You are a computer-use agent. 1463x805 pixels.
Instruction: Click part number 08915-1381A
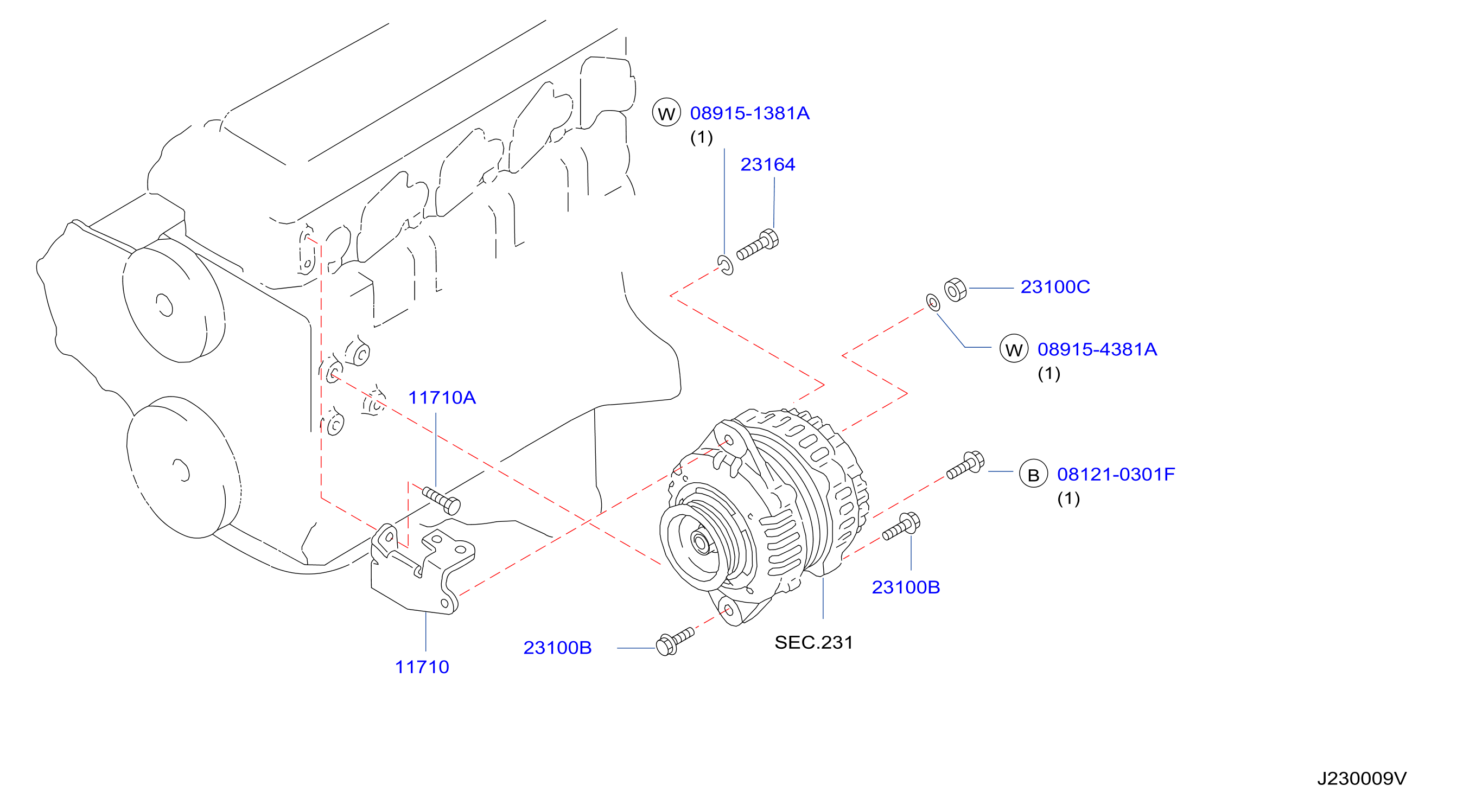point(749,113)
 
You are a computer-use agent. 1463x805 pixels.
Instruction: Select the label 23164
point(767,164)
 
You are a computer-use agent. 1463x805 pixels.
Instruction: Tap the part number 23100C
point(1055,287)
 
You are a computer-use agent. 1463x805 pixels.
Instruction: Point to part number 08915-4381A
point(1097,349)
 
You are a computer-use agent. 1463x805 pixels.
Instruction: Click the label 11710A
point(442,398)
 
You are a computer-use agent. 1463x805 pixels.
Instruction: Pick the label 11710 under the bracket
point(422,667)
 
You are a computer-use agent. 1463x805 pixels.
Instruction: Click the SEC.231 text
point(813,642)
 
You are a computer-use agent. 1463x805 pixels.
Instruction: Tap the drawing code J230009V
point(1362,778)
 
